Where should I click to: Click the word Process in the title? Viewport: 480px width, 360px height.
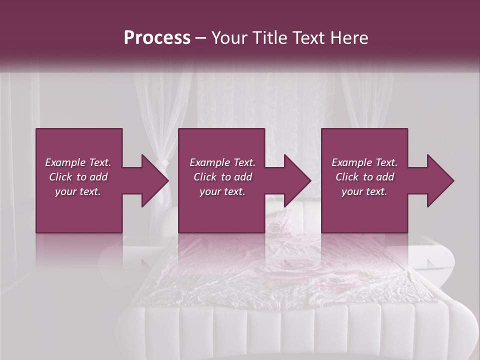(x=157, y=38)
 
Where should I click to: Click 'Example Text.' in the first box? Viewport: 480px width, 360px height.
(x=78, y=162)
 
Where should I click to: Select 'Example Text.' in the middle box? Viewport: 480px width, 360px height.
(x=222, y=162)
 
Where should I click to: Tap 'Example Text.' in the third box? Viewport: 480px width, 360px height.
(x=364, y=162)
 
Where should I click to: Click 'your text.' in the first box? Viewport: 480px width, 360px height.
(x=78, y=191)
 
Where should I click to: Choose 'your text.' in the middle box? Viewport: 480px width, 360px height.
(x=222, y=191)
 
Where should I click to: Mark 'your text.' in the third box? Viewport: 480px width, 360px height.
(x=364, y=191)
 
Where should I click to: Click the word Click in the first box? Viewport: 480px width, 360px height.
(x=61, y=177)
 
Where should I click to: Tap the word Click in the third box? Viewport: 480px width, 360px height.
(x=348, y=177)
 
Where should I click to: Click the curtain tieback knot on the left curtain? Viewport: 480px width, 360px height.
(x=161, y=165)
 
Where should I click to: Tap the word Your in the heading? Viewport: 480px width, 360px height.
(x=228, y=38)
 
